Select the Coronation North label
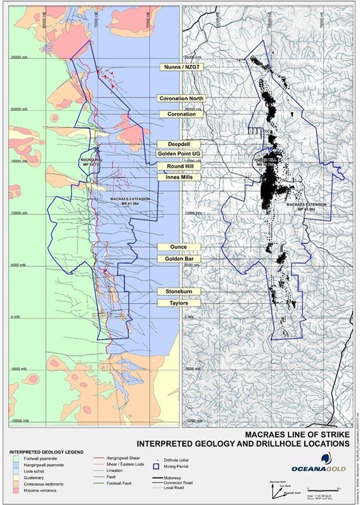click(180, 99)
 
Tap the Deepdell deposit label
click(180, 144)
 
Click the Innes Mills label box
click(180, 178)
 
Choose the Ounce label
click(180, 247)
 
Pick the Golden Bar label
click(180, 258)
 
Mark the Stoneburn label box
click(180, 292)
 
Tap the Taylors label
click(180, 303)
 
